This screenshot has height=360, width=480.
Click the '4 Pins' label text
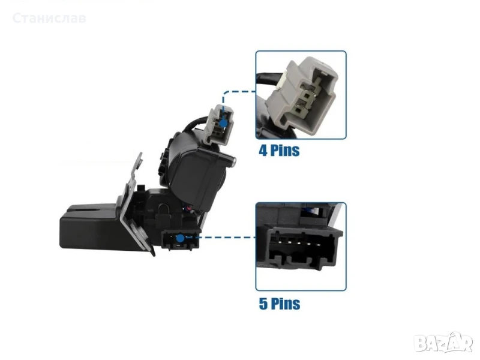click(x=279, y=151)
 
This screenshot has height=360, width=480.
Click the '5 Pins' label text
click(x=280, y=304)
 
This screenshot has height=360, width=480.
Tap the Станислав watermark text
click(x=49, y=18)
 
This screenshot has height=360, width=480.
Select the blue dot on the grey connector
click(x=224, y=123)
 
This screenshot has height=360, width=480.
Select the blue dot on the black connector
click(x=181, y=238)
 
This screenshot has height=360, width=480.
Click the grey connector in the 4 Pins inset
click(x=302, y=95)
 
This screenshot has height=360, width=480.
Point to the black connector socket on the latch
click(x=181, y=239)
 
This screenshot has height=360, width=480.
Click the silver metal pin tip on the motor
click(x=233, y=161)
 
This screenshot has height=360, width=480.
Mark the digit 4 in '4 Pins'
click(x=263, y=151)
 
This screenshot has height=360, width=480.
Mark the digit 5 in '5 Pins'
click(x=263, y=304)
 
